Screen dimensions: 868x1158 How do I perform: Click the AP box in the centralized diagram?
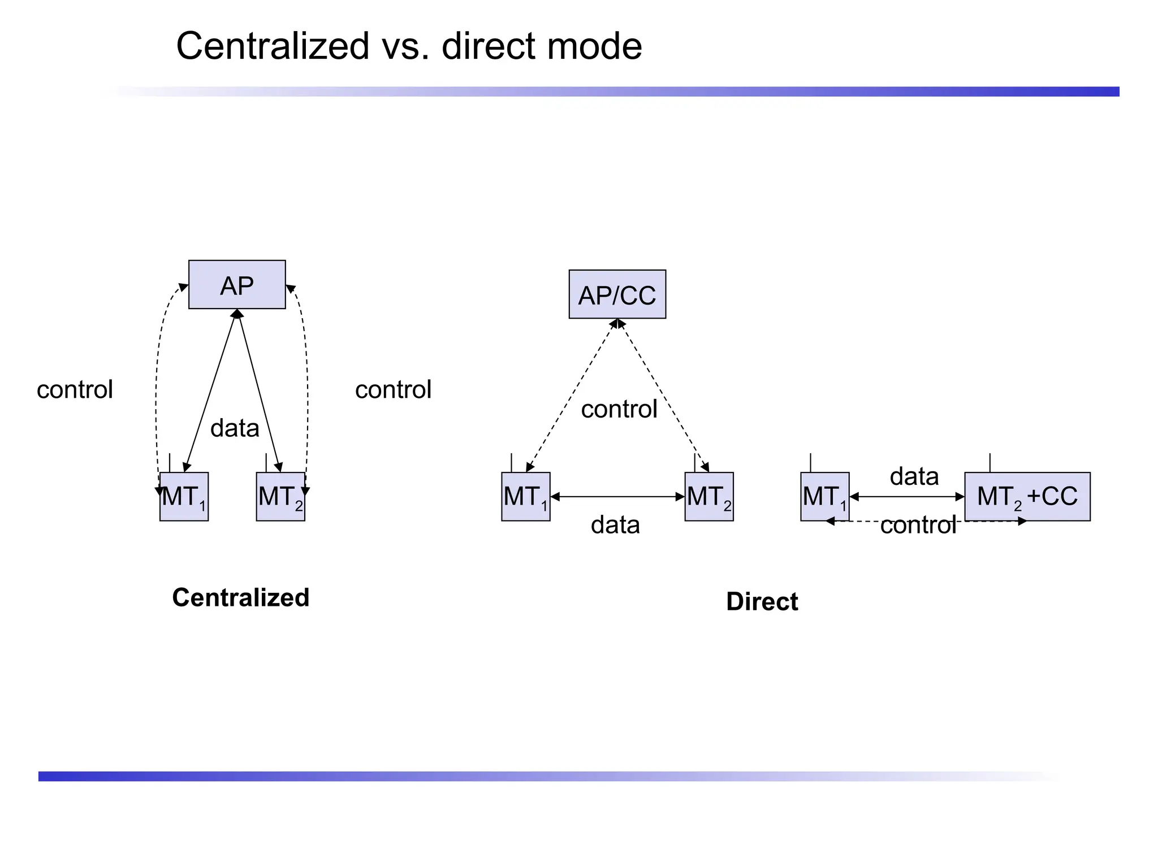tap(237, 285)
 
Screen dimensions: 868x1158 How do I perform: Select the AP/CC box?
tap(617, 294)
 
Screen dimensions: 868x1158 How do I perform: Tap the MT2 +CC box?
tap(1027, 497)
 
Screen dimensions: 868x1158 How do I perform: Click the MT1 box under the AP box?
tap(184, 497)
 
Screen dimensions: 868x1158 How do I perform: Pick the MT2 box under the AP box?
tap(280, 497)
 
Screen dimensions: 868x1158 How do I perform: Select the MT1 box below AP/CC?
tap(525, 497)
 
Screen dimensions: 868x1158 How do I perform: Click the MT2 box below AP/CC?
tap(708, 497)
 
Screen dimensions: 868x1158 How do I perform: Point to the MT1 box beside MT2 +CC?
tap(824, 497)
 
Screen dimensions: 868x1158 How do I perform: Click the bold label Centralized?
tap(240, 597)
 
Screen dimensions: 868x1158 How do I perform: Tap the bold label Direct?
tap(762, 601)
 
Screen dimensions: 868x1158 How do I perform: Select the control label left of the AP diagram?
tap(75, 389)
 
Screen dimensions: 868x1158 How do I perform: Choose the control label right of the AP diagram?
tap(393, 389)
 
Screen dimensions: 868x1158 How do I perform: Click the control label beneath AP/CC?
tap(619, 409)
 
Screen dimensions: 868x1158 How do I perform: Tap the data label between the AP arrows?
tap(235, 428)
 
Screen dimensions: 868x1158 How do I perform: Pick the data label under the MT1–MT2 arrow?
tap(615, 524)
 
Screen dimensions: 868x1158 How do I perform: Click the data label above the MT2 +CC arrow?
tap(914, 476)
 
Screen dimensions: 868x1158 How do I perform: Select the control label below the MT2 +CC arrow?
tap(918, 525)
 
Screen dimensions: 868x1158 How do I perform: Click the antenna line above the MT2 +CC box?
tap(990, 463)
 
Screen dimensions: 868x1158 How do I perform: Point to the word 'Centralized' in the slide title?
tap(273, 46)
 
